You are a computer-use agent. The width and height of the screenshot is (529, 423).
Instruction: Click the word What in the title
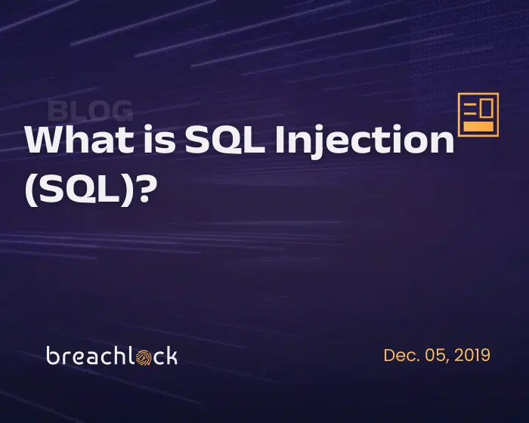click(79, 139)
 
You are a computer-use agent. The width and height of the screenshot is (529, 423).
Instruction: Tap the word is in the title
click(160, 139)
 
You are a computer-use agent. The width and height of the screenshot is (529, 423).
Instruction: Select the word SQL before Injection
click(225, 139)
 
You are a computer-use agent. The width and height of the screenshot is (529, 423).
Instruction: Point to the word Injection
click(364, 142)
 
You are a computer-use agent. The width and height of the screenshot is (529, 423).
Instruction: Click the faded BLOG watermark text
click(90, 110)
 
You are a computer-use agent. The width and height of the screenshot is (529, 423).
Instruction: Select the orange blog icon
click(478, 115)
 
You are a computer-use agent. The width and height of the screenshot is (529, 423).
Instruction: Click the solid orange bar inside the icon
click(478, 126)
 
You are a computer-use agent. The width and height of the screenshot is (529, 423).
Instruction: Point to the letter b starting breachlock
click(53, 355)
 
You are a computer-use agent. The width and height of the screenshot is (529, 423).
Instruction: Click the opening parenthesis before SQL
click(31, 190)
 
